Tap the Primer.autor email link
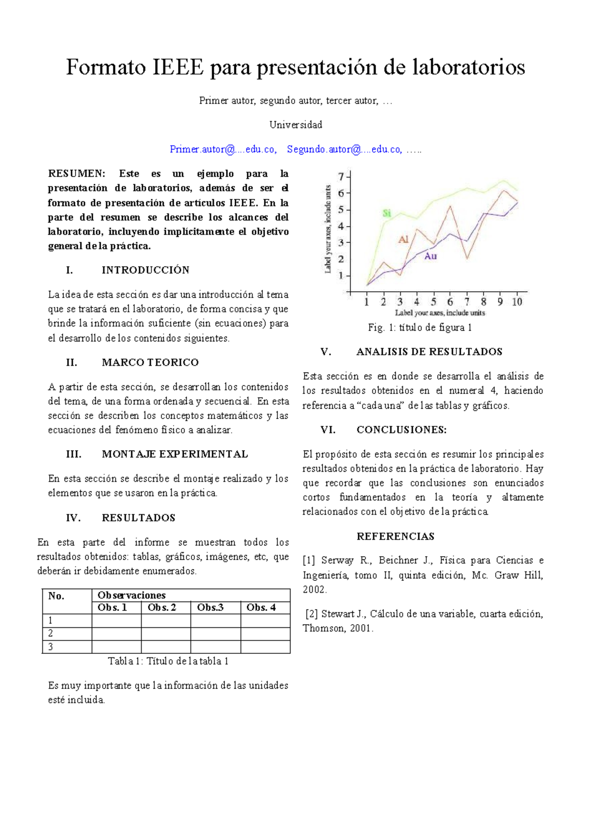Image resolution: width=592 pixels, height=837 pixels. (x=222, y=150)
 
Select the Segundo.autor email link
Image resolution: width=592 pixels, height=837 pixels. (x=344, y=150)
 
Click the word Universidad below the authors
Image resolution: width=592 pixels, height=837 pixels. (x=296, y=125)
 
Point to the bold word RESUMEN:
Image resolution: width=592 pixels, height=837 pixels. (x=76, y=174)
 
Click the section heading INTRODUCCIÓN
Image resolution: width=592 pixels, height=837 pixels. (x=146, y=270)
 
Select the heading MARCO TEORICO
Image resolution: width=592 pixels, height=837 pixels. (x=150, y=363)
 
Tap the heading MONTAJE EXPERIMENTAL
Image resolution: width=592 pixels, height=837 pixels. (x=175, y=455)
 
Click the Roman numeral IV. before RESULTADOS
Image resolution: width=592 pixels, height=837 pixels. (x=73, y=518)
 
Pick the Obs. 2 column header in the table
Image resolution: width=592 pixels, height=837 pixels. (x=162, y=608)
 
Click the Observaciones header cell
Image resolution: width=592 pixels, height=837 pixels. (x=132, y=596)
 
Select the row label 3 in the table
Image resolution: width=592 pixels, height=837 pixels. (x=50, y=647)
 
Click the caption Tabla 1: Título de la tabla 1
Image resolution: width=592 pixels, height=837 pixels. (x=168, y=661)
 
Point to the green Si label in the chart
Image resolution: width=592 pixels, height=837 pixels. (x=387, y=213)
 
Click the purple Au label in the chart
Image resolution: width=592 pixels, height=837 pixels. (x=430, y=256)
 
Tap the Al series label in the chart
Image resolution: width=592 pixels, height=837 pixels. (x=404, y=240)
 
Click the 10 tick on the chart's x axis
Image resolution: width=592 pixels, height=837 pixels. (x=517, y=302)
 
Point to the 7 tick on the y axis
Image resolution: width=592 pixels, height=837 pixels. (x=340, y=177)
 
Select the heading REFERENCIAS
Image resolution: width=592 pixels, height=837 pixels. (x=396, y=536)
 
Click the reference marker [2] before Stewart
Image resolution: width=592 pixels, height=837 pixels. (x=311, y=614)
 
